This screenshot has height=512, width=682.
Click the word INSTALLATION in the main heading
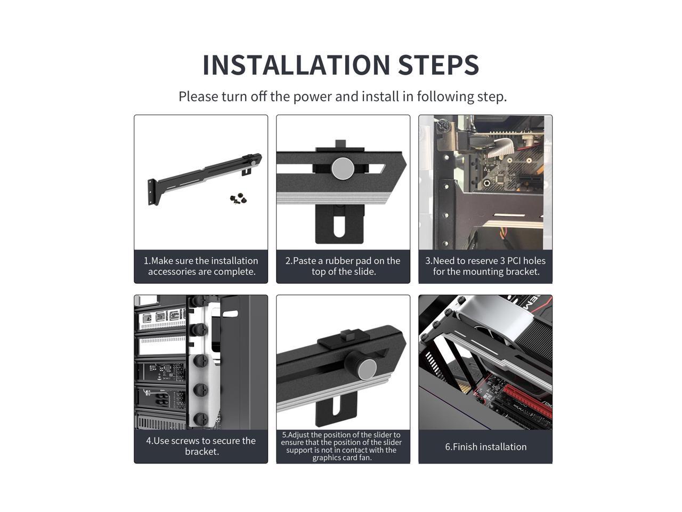point(296,65)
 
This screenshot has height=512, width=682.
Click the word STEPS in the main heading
point(439,65)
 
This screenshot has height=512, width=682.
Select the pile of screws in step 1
point(238,198)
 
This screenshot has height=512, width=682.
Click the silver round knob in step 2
point(343,168)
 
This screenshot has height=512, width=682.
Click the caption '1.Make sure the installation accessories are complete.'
point(201,266)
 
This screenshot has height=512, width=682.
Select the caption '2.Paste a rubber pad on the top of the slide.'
point(343,266)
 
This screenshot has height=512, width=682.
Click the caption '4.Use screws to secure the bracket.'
point(201,446)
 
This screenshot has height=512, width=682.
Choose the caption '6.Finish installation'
point(485,447)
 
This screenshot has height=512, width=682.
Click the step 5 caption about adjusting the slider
point(342,446)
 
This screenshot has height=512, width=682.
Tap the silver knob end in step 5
point(367,369)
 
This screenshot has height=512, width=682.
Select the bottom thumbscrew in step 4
point(200,419)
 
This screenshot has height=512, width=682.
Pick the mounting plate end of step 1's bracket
point(152,193)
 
